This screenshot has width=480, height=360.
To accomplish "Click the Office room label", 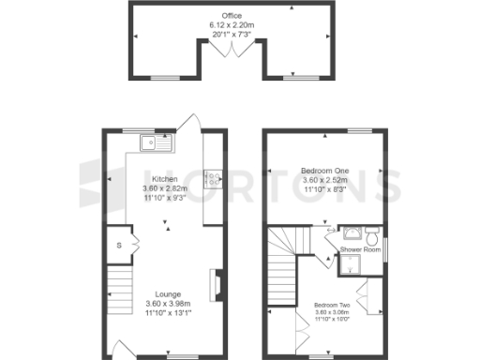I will pos(231,16).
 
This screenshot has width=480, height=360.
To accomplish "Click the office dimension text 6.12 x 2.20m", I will pos(231,24).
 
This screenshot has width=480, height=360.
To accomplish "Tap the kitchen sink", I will pos(150,143).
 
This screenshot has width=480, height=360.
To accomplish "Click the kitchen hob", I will pos(213,177).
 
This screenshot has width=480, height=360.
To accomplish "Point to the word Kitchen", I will pos(165,179).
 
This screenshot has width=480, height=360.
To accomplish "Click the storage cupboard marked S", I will pos(119,246).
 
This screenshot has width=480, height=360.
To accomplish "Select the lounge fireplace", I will pos(216,282).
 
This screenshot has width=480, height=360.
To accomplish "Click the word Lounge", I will pos(169,294).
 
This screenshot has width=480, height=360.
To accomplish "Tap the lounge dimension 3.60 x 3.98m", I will pos(169,304).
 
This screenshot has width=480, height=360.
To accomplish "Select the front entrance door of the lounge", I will pos(122,349).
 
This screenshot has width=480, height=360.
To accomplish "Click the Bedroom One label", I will pos(323,171).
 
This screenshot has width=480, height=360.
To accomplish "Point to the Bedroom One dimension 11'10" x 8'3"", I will pos(323,188).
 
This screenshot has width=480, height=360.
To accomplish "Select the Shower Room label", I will pos(359,250).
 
